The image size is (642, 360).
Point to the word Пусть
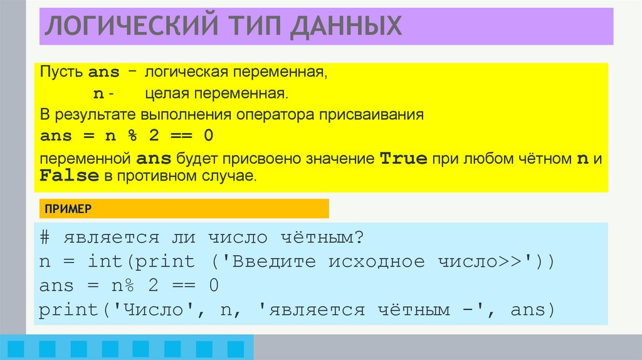(61, 73)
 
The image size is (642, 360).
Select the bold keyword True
(404, 158)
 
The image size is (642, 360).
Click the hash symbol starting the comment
(44, 238)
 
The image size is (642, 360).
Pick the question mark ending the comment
(359, 238)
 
